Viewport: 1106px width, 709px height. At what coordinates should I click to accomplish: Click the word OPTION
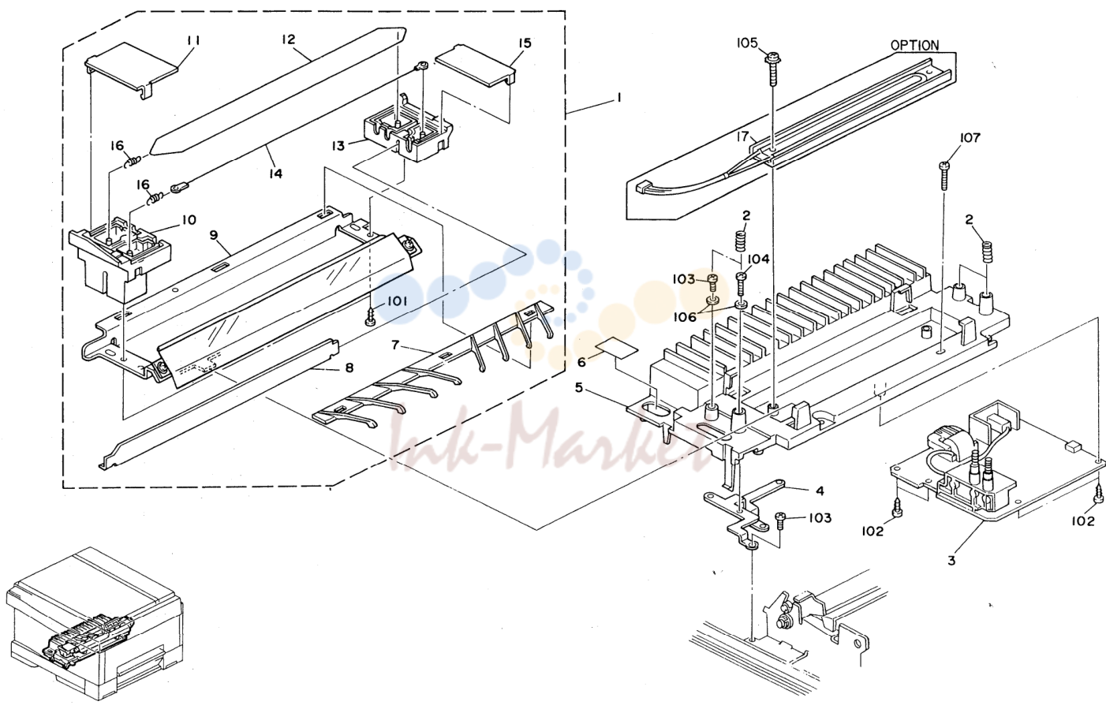[x=915, y=45]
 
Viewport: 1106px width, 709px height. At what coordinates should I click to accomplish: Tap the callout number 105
[x=746, y=43]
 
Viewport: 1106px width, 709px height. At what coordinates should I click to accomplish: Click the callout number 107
[x=970, y=138]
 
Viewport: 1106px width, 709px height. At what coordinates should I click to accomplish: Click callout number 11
[x=194, y=41]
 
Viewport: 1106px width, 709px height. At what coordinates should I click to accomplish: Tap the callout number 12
[x=289, y=39]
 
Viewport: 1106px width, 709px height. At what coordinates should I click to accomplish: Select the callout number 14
[x=275, y=174]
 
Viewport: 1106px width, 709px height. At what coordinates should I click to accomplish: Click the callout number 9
[x=213, y=234]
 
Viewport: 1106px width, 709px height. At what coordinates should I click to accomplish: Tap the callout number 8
[x=349, y=368]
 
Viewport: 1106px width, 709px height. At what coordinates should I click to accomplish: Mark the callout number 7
[x=395, y=345]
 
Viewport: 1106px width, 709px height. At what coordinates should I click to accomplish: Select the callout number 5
[x=579, y=387]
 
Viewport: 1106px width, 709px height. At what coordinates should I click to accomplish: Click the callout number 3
[x=951, y=561]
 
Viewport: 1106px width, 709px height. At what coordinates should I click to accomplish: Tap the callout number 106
[x=686, y=316]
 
